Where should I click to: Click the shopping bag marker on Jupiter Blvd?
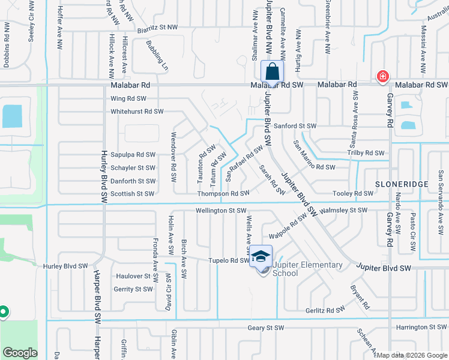click(273, 71)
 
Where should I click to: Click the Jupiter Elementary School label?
click(307, 269)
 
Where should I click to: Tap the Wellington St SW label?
click(221, 211)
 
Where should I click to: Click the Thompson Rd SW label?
click(223, 194)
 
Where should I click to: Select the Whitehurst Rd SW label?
click(137, 112)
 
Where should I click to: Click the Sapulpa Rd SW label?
click(133, 155)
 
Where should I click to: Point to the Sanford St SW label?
click(295, 126)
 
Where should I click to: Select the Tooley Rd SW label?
click(354, 194)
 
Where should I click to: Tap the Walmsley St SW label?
click(344, 211)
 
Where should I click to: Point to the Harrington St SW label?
click(420, 328)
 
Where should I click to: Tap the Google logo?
click(20, 353)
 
